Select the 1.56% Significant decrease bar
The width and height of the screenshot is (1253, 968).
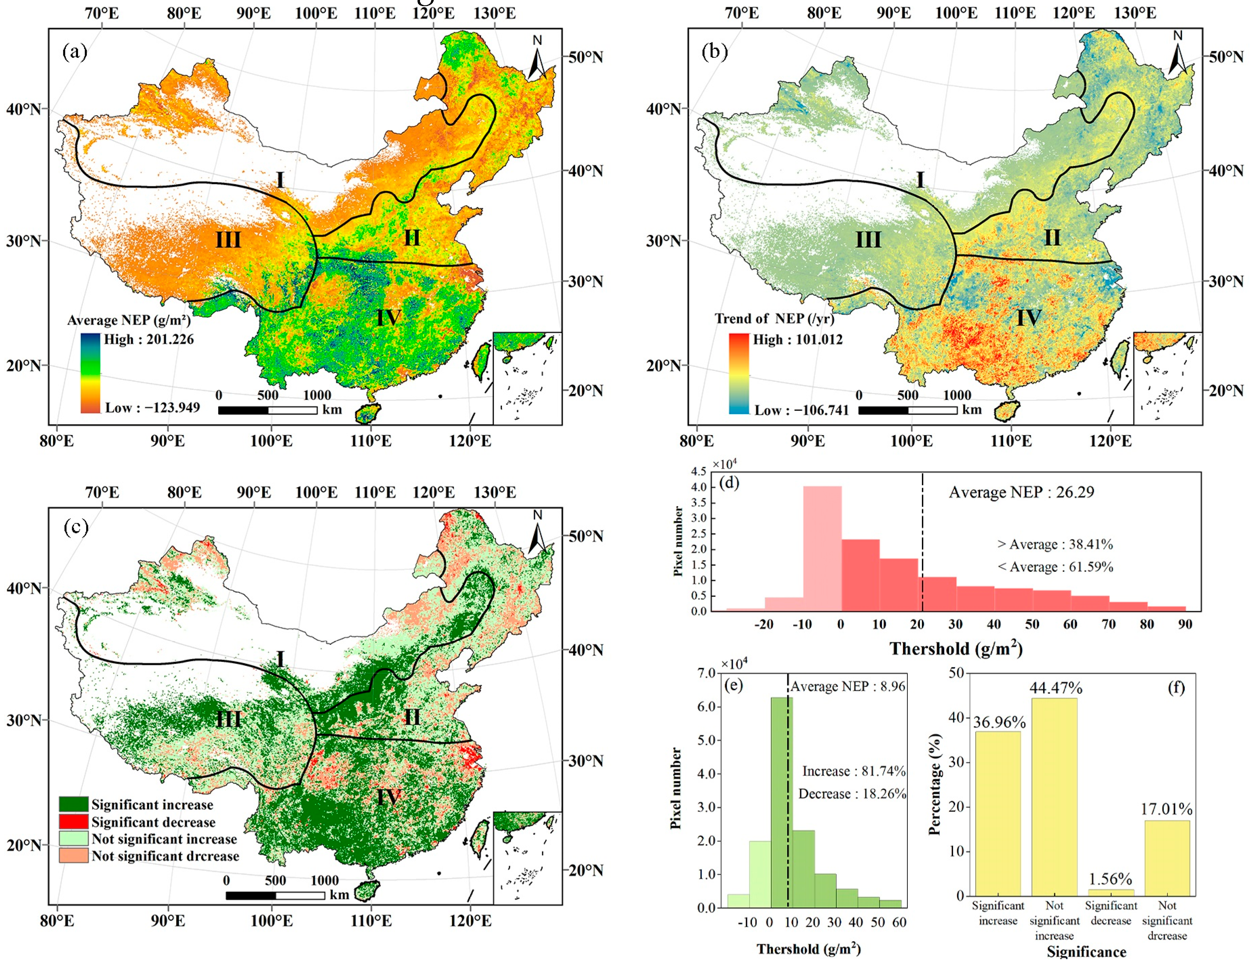1110,892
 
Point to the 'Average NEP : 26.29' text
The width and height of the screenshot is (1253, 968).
1021,492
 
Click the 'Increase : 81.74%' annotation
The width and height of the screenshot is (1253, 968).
853,771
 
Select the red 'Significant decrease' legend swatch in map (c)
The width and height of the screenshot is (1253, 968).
74,822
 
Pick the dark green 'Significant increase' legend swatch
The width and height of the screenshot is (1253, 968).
74,804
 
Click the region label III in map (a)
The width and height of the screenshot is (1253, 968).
228,239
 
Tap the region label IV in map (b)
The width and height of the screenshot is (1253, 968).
1028,317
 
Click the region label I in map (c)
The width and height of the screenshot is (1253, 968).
280,659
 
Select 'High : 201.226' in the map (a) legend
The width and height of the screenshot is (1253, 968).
149,339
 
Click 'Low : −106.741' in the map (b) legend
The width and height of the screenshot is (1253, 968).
801,410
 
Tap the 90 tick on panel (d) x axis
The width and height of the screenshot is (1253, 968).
1185,625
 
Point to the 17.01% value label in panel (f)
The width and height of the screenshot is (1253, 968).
1167,808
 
